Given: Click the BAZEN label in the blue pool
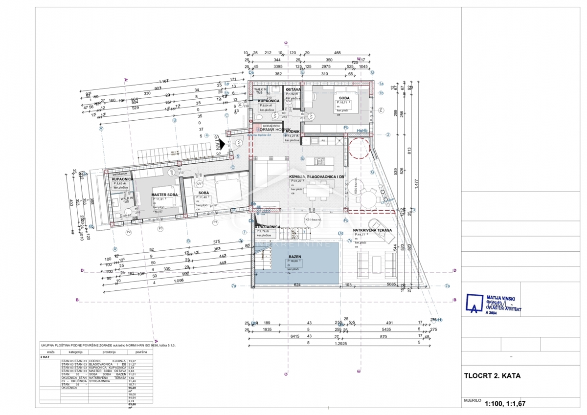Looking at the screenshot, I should pos(294,257).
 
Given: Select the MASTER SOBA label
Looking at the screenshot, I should pos(164,195).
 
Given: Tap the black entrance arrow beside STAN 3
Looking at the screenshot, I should pos(228,144).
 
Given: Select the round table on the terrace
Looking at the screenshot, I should pos(368,198).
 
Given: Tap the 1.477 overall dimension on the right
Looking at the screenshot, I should pos(416,182).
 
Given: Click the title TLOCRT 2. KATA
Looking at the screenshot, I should pos(492,376).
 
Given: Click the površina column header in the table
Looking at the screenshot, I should pos(141,351).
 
